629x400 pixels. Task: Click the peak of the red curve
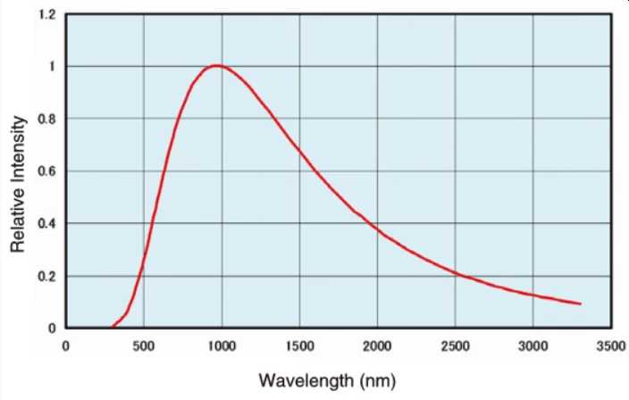coord(216,65)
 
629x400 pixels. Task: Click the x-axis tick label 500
coord(143,346)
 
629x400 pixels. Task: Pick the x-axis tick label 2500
coord(455,346)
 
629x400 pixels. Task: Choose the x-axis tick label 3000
coord(533,346)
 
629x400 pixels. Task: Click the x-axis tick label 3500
coord(610,346)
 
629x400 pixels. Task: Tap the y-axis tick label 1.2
coord(47,15)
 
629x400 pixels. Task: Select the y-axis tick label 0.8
coord(47,119)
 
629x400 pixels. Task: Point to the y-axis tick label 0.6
coord(47,171)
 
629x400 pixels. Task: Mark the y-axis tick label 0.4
coord(47,223)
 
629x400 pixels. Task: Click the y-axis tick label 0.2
coord(47,276)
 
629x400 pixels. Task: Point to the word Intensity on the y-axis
coord(17,144)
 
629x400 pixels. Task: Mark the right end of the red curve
coord(581,304)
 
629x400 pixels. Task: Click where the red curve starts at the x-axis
coord(112,327)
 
